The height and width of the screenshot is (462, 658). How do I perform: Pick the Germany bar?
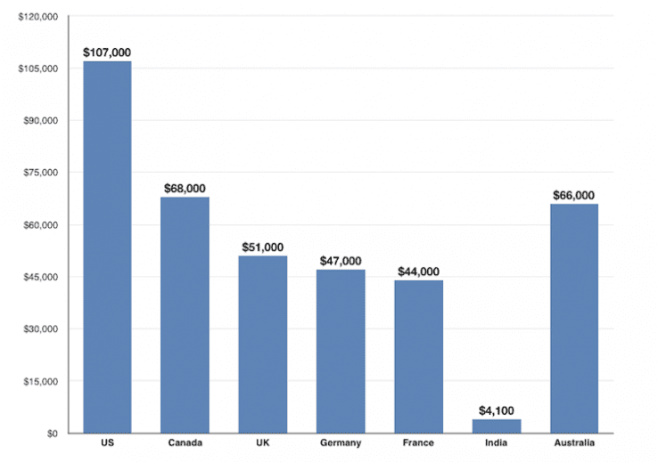[341, 351]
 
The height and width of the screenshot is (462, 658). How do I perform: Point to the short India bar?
[497, 426]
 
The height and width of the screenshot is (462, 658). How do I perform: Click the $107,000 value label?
[107, 53]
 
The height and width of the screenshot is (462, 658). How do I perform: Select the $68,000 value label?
[185, 188]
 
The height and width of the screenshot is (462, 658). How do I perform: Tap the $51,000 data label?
[263, 247]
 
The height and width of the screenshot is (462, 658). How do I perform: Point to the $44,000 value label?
[419, 272]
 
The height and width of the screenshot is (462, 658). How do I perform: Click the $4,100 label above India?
[497, 410]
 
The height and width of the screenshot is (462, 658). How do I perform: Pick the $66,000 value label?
[574, 195]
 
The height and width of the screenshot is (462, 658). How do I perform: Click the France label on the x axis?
[419, 442]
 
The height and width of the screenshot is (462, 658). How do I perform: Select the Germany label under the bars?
[341, 442]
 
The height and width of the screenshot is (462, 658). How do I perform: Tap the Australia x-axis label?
[574, 442]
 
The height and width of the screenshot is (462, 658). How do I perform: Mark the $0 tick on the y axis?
[52, 434]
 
